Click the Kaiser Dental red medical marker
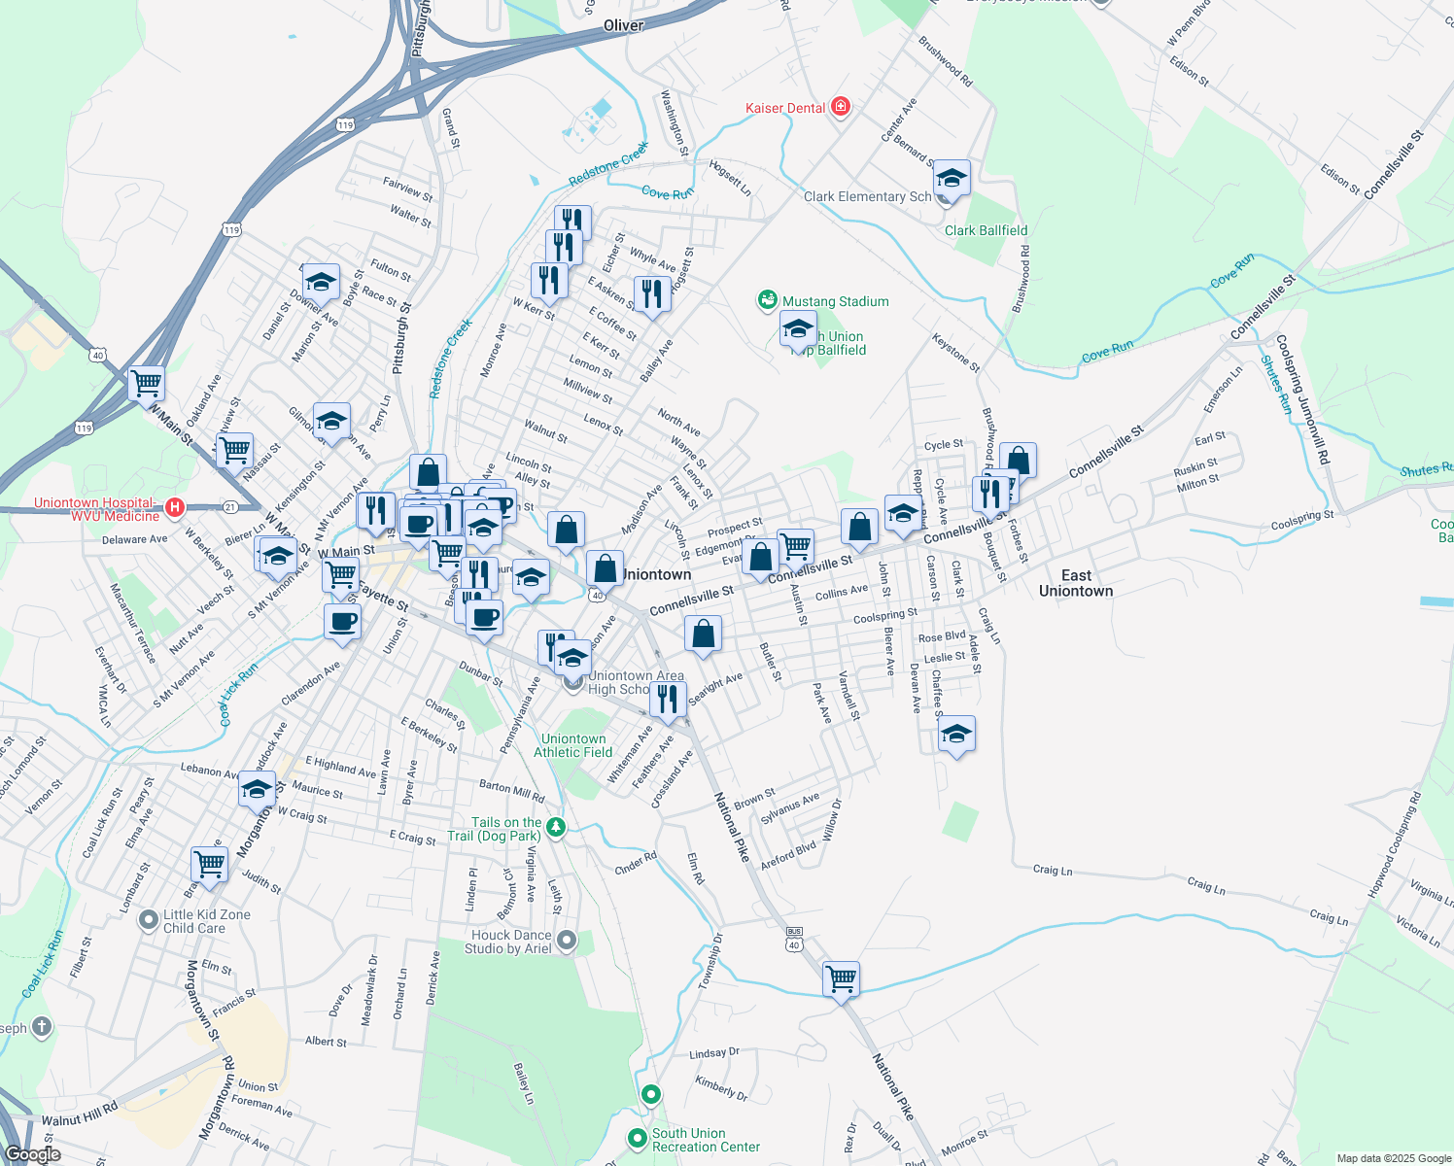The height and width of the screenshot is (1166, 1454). [x=841, y=107]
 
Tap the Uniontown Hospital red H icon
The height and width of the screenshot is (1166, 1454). [x=175, y=507]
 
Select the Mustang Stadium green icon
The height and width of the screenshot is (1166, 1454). [x=768, y=300]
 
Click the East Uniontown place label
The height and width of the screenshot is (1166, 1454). [x=1075, y=583]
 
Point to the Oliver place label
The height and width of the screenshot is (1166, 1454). [x=623, y=25]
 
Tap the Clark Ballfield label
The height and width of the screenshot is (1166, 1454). [x=986, y=230]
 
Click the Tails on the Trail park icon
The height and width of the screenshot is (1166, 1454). [x=555, y=828]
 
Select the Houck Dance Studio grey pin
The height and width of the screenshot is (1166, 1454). [x=567, y=941]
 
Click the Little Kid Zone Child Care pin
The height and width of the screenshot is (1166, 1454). [x=148, y=919]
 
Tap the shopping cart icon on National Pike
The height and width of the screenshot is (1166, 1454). [x=841, y=977]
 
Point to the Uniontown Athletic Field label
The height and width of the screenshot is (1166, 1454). [x=573, y=745]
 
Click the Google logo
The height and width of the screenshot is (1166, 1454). [x=32, y=1154]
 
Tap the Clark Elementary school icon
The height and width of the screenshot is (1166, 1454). [x=951, y=179]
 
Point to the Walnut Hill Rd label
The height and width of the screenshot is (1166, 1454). [x=79, y=1114]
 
